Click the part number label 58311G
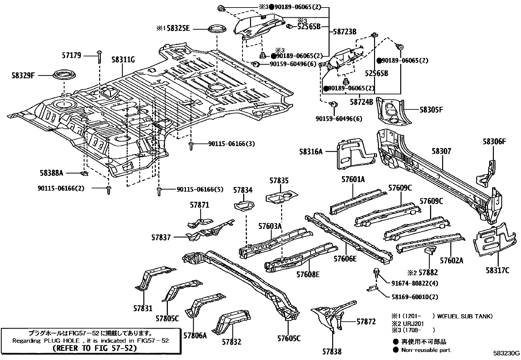[123, 60]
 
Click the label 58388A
[51, 173]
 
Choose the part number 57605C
[289, 339]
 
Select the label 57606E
[345, 259]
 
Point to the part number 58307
[441, 151]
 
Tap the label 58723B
[345, 31]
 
